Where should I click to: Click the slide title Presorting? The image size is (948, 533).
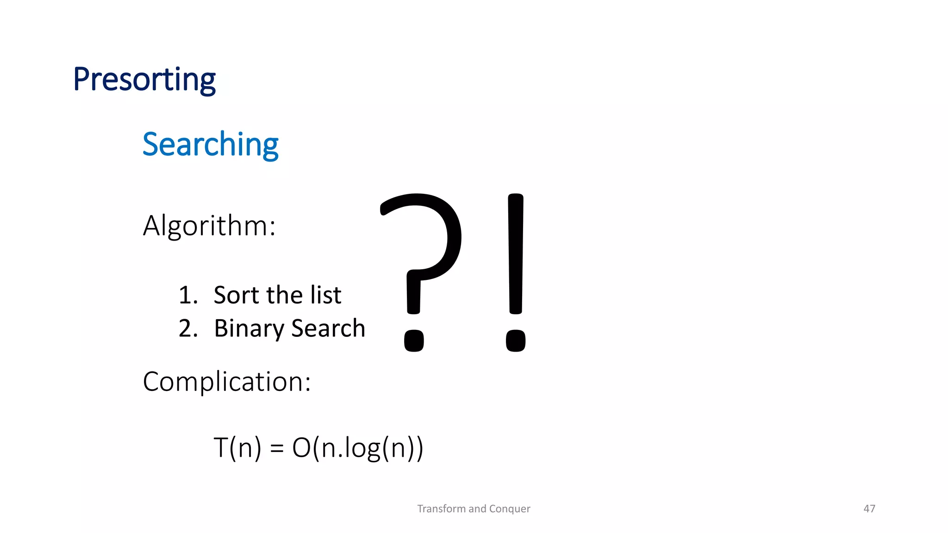[x=144, y=80]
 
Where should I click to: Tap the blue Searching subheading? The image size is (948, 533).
[x=210, y=144]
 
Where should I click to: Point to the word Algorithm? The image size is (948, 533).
[x=209, y=226]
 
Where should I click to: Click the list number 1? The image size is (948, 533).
[x=187, y=295]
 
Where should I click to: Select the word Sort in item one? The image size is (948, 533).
[x=236, y=295]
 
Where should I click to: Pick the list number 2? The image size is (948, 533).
[x=188, y=328]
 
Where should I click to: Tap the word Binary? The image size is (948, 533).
[x=249, y=329]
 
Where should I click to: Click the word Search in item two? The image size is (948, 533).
[x=328, y=328]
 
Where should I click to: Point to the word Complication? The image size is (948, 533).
[x=227, y=382]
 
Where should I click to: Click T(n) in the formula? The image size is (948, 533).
[x=237, y=448]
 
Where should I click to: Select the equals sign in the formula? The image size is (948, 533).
[x=276, y=448]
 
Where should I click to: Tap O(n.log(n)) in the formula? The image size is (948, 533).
[x=357, y=448]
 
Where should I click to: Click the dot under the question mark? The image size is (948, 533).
[x=414, y=341]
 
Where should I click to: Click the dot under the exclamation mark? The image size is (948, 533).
[x=516, y=341]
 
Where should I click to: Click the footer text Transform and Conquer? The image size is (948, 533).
[x=474, y=509]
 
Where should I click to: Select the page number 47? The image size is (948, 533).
[x=869, y=509]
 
